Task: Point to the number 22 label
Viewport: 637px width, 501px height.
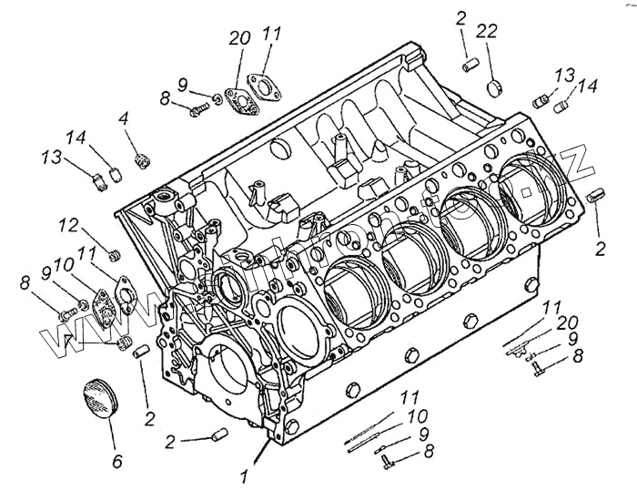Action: [487, 31]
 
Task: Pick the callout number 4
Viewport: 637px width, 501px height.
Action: [124, 118]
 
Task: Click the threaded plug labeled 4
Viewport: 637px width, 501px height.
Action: [141, 160]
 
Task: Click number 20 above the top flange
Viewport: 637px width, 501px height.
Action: [239, 39]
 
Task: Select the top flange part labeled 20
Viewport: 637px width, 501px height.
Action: [239, 99]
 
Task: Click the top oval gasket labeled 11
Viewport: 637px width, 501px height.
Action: [268, 90]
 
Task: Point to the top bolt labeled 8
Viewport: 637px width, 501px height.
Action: [199, 109]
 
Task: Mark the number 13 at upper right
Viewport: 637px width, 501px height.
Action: [565, 75]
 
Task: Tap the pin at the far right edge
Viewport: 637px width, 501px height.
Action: [597, 195]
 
